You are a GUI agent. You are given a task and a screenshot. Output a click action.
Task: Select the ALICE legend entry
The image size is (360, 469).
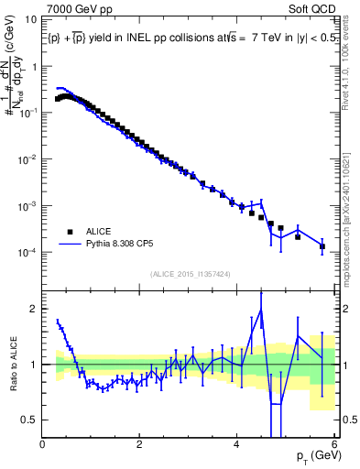tap(99, 232)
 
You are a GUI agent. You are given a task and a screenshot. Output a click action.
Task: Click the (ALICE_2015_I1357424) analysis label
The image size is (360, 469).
tap(191, 274)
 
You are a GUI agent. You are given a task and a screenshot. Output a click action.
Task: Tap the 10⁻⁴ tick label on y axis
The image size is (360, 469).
tap(27, 253)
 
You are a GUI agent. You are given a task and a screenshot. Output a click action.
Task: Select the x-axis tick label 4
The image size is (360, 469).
tap(237, 445)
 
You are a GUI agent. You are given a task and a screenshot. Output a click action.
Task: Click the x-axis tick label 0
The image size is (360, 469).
tap(43, 445)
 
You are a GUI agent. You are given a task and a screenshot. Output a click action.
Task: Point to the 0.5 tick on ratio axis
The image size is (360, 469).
tap(30, 420)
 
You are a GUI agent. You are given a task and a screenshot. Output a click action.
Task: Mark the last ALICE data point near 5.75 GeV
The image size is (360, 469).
tap(322, 246)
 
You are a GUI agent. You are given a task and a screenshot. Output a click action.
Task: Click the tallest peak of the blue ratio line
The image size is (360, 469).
tap(261, 309)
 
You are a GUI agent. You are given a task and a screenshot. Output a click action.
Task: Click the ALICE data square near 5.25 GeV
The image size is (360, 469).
tap(298, 236)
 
